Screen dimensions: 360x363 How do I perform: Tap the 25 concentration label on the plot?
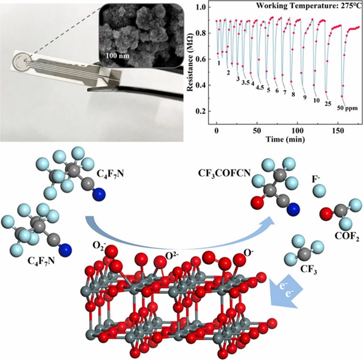point(328,102)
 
